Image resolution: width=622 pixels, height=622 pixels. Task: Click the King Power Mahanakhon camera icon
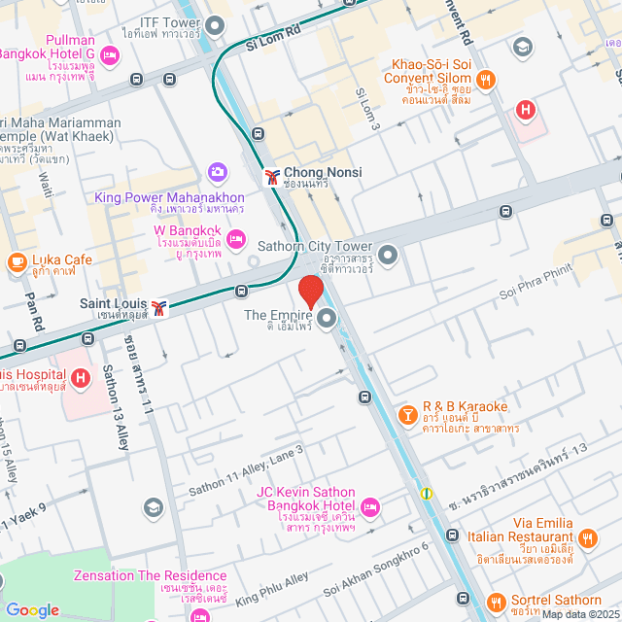[217, 172]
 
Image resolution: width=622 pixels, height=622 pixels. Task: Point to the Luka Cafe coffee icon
[17, 261]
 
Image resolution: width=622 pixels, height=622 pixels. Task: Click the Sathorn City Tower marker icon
[388, 256]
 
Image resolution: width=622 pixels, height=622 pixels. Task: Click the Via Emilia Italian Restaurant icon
[587, 537]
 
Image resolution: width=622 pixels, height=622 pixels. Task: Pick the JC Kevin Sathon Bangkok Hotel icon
[370, 507]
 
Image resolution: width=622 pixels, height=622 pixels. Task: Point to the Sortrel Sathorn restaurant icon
[496, 603]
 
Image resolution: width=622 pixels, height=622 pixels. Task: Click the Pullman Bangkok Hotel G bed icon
[109, 56]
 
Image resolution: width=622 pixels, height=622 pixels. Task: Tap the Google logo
[32, 609]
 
